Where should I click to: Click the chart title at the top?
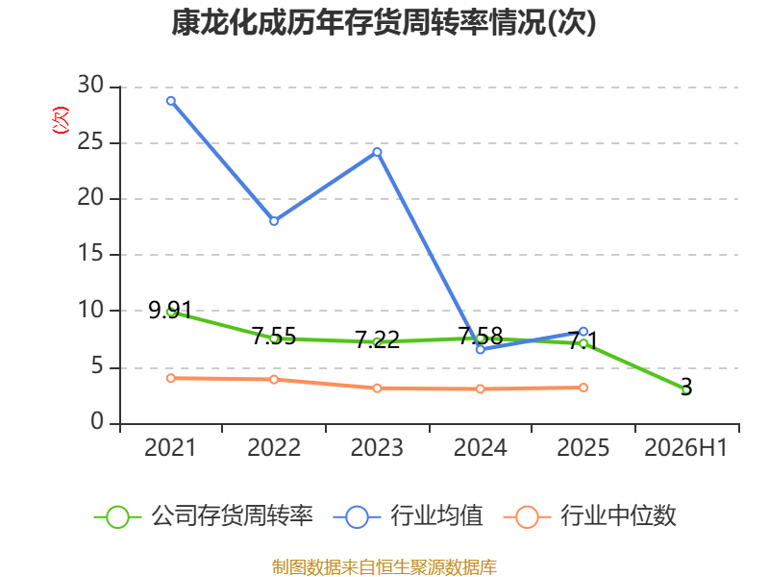pos(384,22)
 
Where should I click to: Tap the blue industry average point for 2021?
pos(171,101)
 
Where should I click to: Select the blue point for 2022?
pos(274,221)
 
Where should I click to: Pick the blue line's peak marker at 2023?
pos(377,152)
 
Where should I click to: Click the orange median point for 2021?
pos(171,378)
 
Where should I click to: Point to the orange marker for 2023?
pos(377,389)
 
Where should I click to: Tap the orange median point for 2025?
pos(583,388)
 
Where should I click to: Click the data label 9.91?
pos(170,310)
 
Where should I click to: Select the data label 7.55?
pos(274,337)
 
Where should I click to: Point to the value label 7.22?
pos(377,340)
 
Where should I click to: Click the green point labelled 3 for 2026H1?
pos(686,389)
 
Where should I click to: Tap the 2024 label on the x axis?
pos(480,447)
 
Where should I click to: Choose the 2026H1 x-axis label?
pos(685,447)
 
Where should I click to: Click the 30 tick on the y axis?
pos(90,85)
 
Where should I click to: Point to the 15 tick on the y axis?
pos(90,253)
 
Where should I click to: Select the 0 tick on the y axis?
pos(97,421)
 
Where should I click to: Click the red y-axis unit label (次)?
pos(61,120)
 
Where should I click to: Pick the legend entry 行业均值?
pos(408,516)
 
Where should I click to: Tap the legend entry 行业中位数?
pos(590,516)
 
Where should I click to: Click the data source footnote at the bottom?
pos(384,567)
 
